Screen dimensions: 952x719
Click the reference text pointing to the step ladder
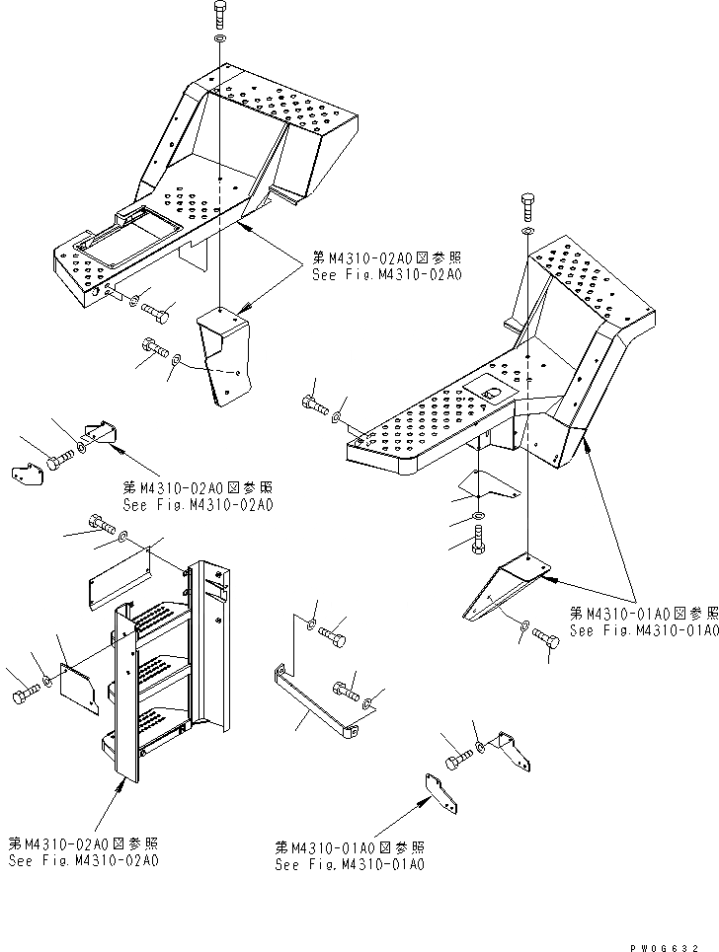[83, 852]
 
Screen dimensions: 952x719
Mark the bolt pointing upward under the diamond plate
[479, 537]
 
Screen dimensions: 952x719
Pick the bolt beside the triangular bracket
[546, 638]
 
